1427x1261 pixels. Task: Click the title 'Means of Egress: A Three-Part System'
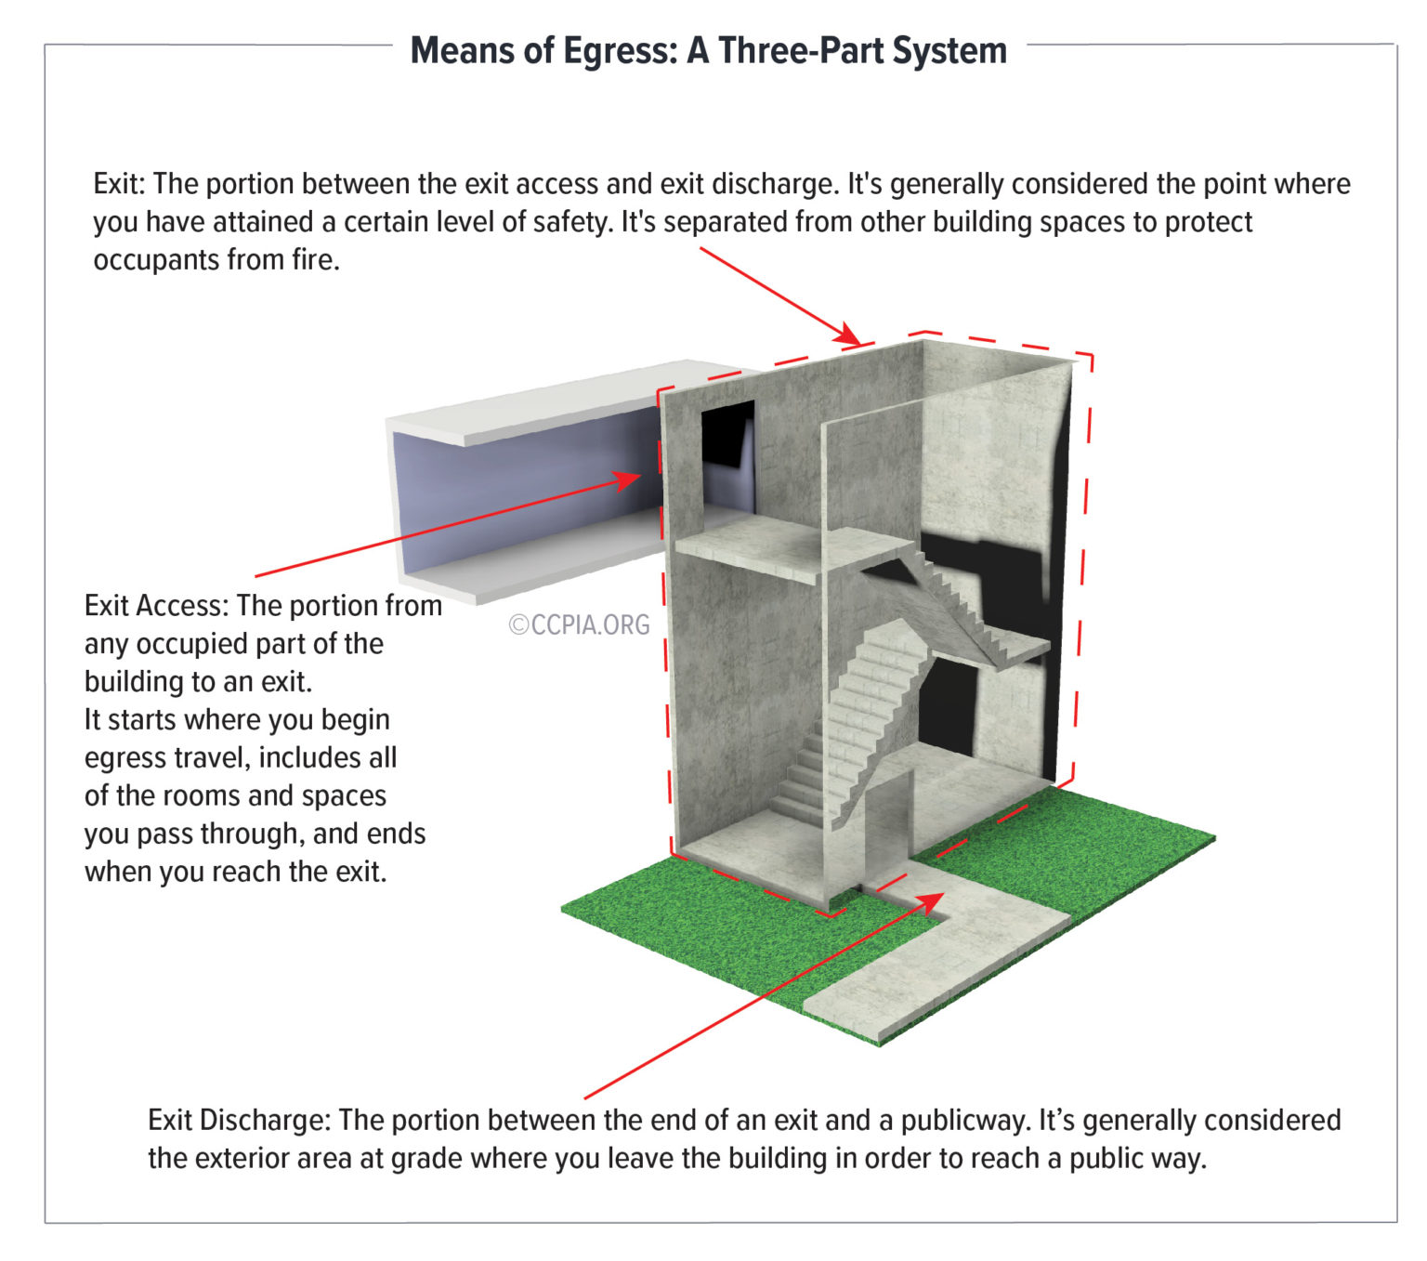708,50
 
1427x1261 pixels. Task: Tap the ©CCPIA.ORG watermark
579,624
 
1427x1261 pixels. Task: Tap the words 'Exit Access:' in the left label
156,606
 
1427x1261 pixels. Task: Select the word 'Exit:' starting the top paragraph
120,184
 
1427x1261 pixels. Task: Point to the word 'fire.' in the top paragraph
316,260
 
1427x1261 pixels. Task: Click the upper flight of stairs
957,604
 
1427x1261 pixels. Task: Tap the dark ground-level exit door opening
952,706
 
